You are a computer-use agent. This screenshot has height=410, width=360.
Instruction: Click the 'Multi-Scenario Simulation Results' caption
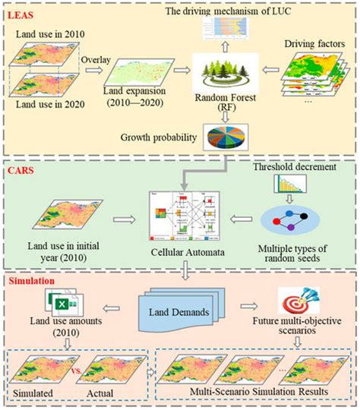tap(259, 392)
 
